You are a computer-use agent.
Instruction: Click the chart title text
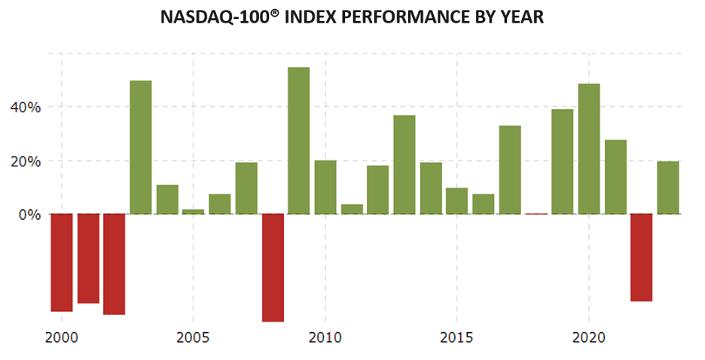(x=352, y=17)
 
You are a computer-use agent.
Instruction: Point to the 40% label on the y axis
(x=25, y=107)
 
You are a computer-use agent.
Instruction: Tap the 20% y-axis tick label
(x=25, y=161)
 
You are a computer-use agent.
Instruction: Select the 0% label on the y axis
(x=29, y=215)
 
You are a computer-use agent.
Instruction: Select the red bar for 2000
(x=62, y=262)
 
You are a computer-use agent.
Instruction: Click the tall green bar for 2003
(x=141, y=147)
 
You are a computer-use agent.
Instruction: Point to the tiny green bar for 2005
(x=193, y=212)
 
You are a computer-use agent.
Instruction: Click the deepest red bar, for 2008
(x=273, y=267)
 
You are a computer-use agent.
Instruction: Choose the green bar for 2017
(x=510, y=169)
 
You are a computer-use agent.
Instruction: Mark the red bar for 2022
(x=641, y=258)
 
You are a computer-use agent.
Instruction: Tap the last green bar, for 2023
(x=667, y=188)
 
